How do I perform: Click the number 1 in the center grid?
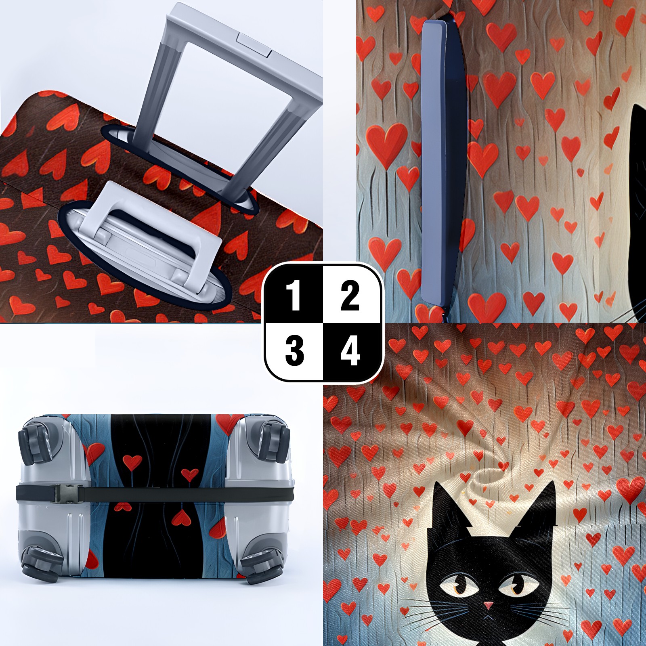coord(294,296)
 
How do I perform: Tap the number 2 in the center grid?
coord(350,296)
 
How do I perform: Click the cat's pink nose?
coord(489,605)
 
